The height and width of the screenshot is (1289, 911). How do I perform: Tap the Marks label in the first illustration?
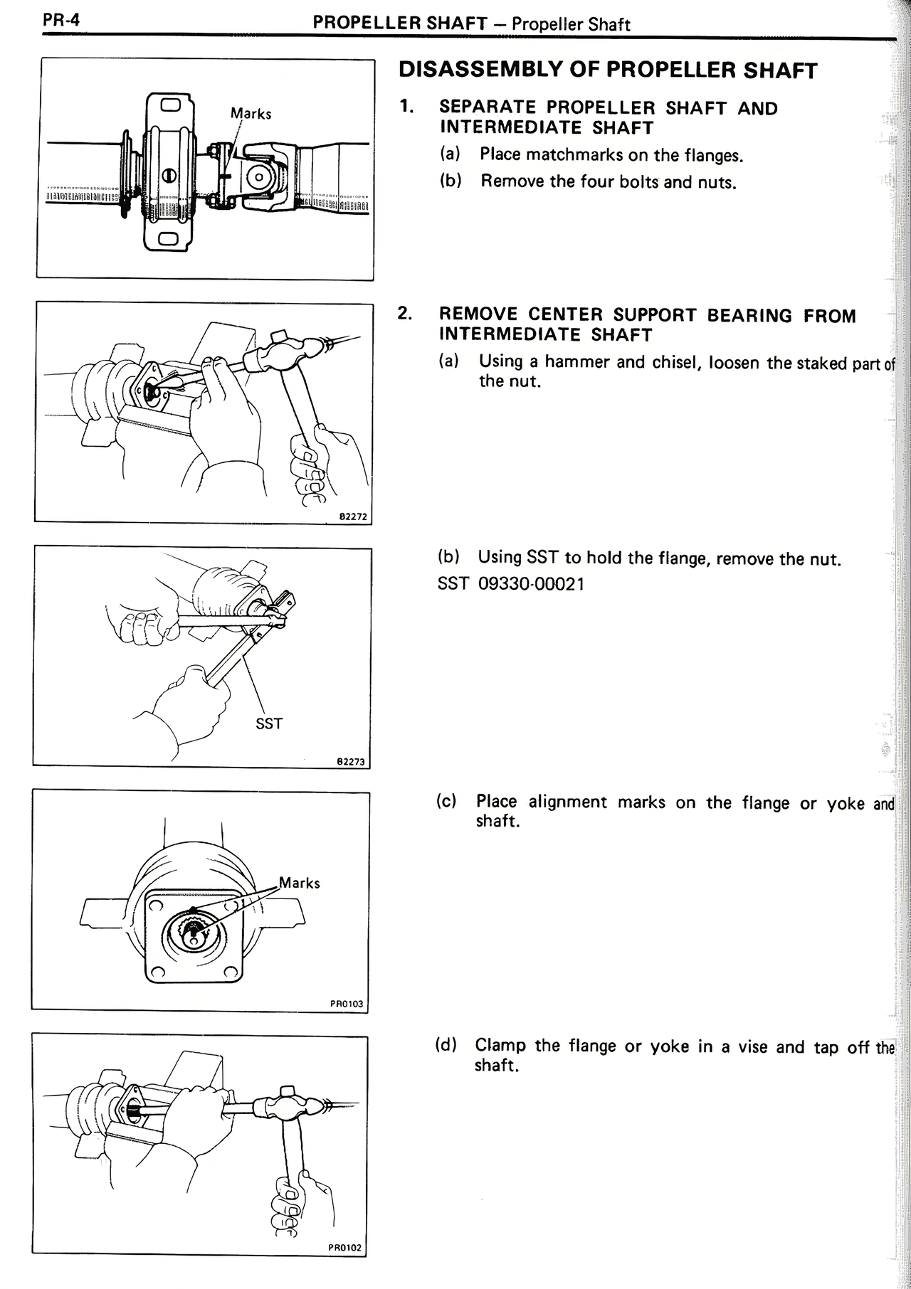tap(251, 113)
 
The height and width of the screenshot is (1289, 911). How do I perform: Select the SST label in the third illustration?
tap(269, 723)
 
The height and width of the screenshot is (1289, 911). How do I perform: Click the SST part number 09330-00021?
tap(530, 584)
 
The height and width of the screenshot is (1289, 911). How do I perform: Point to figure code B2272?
tap(353, 517)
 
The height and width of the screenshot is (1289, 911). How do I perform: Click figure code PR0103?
tap(347, 1004)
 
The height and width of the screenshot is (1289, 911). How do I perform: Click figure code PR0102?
tap(345, 1248)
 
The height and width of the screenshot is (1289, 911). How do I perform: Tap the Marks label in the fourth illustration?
tap(299, 883)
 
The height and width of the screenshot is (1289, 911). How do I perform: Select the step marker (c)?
tap(446, 801)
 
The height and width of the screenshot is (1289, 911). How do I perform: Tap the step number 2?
tap(404, 314)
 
